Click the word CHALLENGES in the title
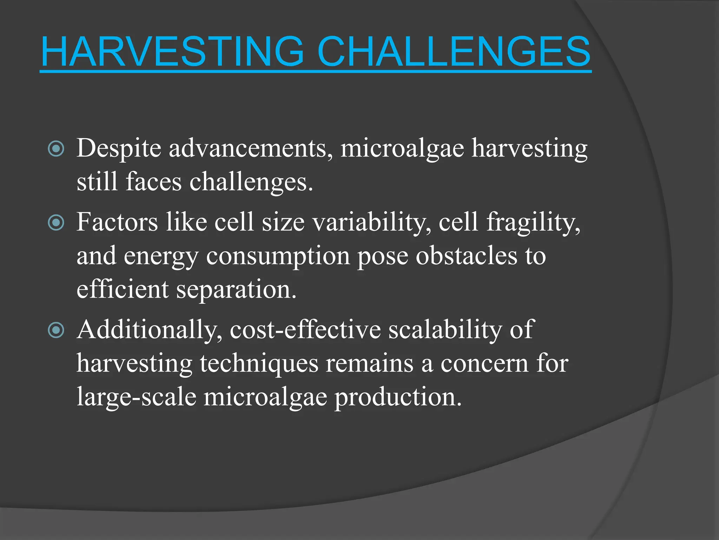pos(454,52)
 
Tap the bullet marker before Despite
pos(56,149)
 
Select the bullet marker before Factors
pos(56,223)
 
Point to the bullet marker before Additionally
pos(56,330)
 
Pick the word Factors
pos(117,222)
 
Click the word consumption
pos(278,256)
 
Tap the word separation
pos(236,290)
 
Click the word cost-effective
pos(305,330)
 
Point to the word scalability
pos(445,330)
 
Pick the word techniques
pos(259,364)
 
